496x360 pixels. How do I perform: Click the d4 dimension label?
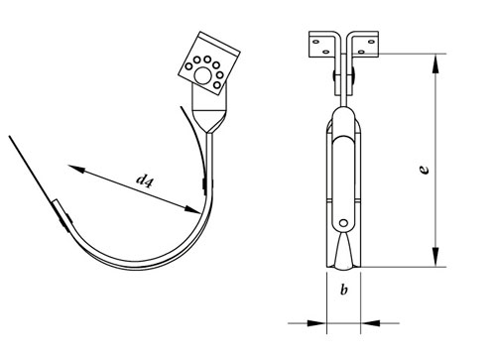tap(145, 180)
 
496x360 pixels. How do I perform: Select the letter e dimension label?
tap(424, 170)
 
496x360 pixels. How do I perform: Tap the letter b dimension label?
tap(344, 290)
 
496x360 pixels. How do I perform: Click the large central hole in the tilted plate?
tap(202, 75)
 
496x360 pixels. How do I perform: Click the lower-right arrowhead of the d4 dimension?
tap(192, 209)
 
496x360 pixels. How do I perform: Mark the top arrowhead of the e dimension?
tap(436, 63)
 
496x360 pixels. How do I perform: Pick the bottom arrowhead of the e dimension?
tap(436, 257)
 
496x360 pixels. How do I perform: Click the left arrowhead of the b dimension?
tap(316, 323)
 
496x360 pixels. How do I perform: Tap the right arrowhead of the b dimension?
tap(370, 323)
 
